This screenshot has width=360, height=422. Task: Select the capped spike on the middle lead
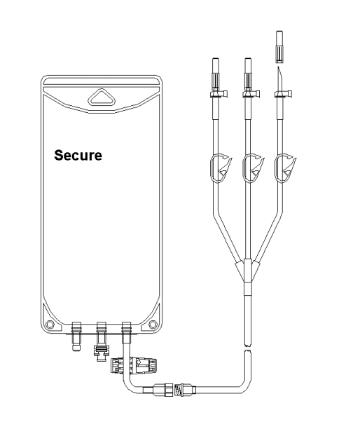click(247, 73)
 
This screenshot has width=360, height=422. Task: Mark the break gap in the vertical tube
click(247, 348)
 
